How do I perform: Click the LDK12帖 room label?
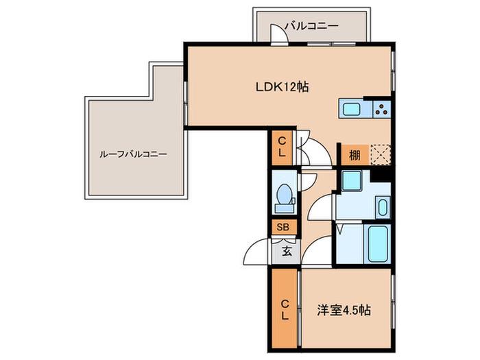pyautogui.click(x=282, y=88)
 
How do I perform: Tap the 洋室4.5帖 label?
pyautogui.click(x=344, y=311)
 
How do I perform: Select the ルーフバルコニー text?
pyautogui.click(x=134, y=154)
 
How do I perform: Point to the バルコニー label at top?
pyautogui.click(x=311, y=26)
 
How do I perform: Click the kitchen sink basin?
pyautogui.click(x=351, y=109)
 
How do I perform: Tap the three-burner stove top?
pyautogui.click(x=382, y=109)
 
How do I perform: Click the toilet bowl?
pyautogui.click(x=285, y=194)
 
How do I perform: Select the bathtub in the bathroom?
pyautogui.click(x=378, y=244)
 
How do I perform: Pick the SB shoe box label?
pyautogui.click(x=283, y=227)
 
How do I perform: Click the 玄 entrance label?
pyautogui.click(x=287, y=252)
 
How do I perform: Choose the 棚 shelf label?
pyautogui.click(x=355, y=155)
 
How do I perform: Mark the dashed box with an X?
pyautogui.click(x=381, y=155)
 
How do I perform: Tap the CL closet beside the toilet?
pyautogui.click(x=282, y=147)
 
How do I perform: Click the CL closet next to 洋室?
pyautogui.click(x=285, y=310)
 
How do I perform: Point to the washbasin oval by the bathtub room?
pyautogui.click(x=383, y=207)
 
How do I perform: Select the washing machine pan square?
pyautogui.click(x=351, y=180)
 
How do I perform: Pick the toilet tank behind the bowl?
pyautogui.click(x=285, y=208)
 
